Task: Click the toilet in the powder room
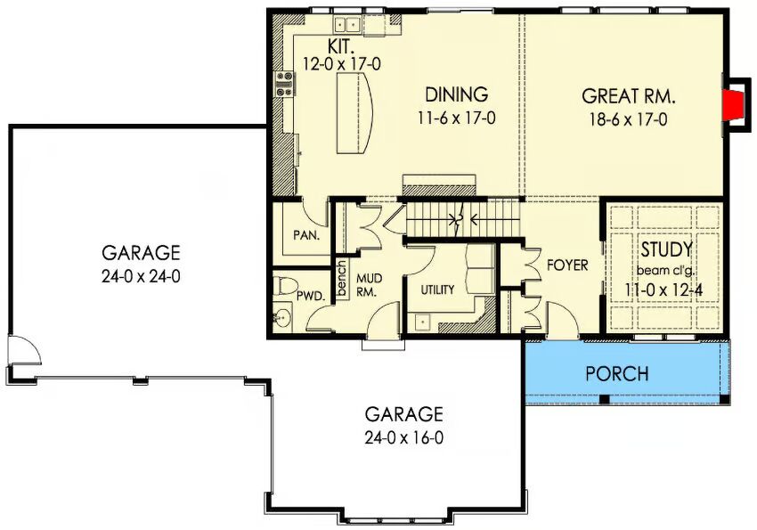coord(285,286)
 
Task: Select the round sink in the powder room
coord(282,318)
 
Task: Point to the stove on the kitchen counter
coord(284,84)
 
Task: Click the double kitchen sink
coord(347,24)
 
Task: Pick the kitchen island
coord(354,113)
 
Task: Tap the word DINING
coord(456,94)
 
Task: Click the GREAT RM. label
coord(628,96)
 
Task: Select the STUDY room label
coord(666,250)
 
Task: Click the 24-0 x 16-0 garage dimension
coord(404,437)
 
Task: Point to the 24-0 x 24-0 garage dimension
coord(141,277)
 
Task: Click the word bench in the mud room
coord(341,279)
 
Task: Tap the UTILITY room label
coord(437,290)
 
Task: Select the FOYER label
coord(567,265)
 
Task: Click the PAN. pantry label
coord(306,235)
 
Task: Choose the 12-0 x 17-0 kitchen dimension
coord(341,64)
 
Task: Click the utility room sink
coord(422,322)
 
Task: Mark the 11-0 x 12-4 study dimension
coord(663,290)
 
